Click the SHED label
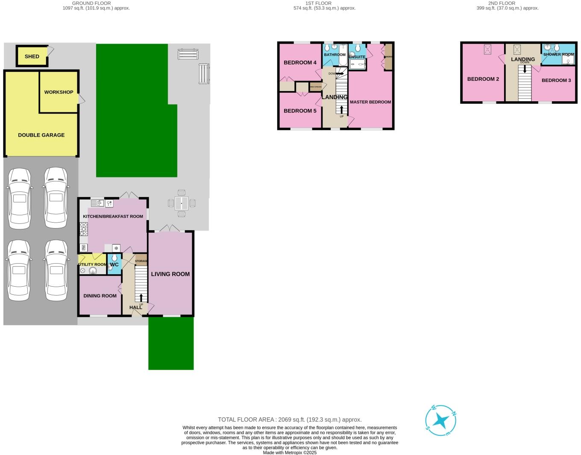point(32,56)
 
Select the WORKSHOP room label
point(59,92)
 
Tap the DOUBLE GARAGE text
point(41,135)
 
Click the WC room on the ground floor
point(114,264)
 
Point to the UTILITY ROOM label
point(92,264)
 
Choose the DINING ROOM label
point(100,296)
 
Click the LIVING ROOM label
point(170,274)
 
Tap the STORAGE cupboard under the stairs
point(141,261)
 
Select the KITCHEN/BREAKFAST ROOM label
point(113,217)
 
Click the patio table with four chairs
point(182,203)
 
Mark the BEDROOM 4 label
point(300,63)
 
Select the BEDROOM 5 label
point(300,111)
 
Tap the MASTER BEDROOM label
point(370,102)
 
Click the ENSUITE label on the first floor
point(357,57)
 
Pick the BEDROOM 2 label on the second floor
point(483,79)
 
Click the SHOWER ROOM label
point(558,55)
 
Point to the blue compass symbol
point(440,421)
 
